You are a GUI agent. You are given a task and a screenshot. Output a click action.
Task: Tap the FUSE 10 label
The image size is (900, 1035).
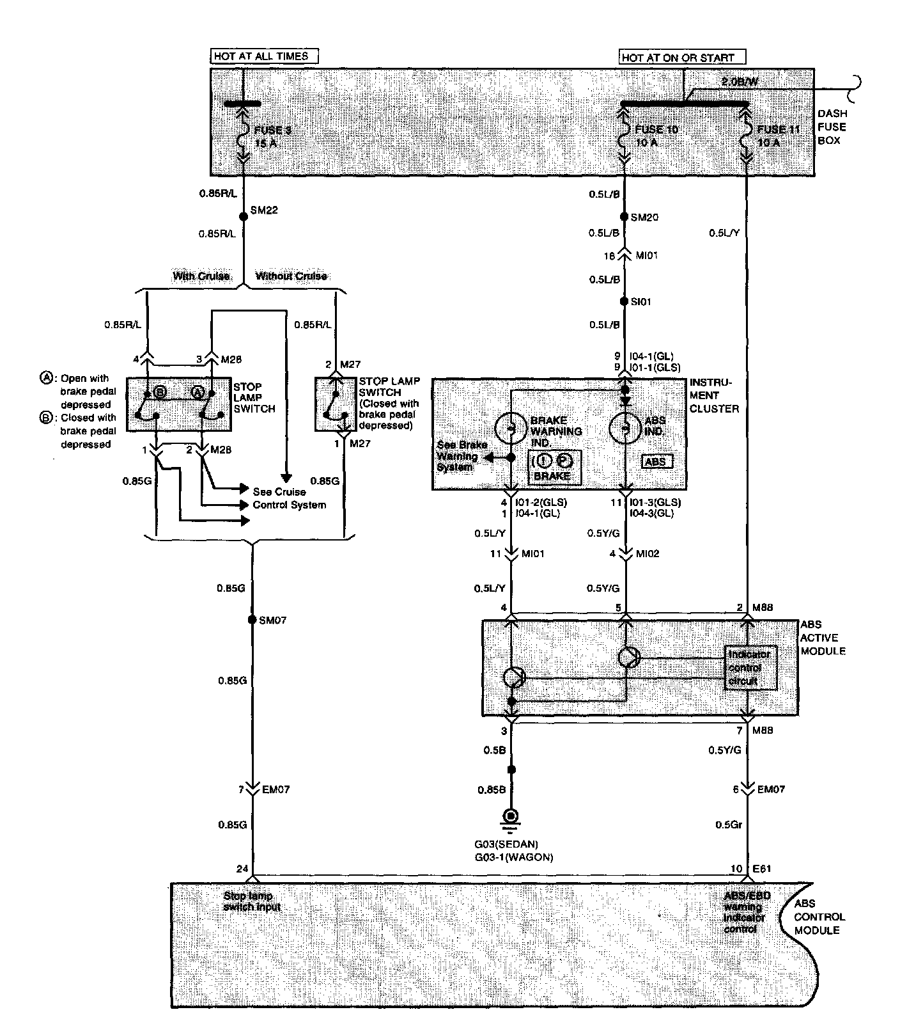tap(656, 130)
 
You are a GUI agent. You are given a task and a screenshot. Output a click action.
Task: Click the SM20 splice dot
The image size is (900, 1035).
tap(625, 217)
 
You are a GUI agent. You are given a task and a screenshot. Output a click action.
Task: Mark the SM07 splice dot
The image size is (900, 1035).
tap(252, 620)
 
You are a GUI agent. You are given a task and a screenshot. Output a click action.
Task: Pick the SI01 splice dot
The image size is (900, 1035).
tap(625, 301)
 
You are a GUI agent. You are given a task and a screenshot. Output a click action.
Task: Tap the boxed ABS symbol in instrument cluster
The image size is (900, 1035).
tap(657, 462)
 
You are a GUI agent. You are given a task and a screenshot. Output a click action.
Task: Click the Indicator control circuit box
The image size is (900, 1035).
tap(751, 668)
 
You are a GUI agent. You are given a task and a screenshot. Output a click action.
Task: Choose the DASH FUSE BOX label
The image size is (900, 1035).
tap(832, 127)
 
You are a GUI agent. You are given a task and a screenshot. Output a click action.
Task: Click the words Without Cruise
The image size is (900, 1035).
tap(291, 276)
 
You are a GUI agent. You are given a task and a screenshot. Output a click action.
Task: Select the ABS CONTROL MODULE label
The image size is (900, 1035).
tap(819, 917)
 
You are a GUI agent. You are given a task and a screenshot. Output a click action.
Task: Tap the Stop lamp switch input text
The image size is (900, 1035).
tap(252, 902)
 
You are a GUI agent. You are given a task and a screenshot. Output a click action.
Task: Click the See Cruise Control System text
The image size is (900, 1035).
tap(289, 498)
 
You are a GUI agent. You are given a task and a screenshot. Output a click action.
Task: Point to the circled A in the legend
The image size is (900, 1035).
tap(45, 378)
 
